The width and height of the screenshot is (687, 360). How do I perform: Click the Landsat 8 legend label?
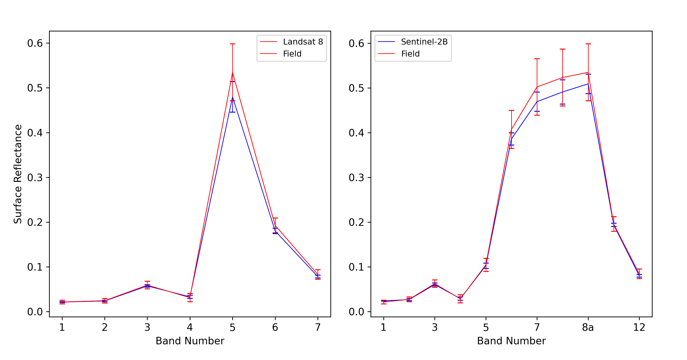(303, 42)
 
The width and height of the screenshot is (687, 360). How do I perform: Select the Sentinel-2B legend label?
(424, 42)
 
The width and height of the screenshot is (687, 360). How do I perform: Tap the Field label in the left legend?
(292, 54)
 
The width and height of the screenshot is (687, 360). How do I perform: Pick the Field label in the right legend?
(410, 54)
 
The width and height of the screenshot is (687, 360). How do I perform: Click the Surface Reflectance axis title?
(18, 174)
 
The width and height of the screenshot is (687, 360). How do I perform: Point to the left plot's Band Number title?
(190, 341)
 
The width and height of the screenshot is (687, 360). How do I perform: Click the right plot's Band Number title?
(511, 341)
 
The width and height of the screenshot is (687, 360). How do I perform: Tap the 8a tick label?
(588, 327)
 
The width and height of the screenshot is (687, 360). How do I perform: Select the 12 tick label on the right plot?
(639, 327)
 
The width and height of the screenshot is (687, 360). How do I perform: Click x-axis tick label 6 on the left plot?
(275, 327)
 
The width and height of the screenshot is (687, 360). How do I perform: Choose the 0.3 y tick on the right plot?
(356, 177)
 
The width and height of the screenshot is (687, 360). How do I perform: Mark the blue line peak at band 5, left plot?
(232, 97)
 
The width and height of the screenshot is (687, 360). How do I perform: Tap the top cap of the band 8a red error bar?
(588, 44)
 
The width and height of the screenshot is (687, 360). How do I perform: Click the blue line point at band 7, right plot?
(537, 102)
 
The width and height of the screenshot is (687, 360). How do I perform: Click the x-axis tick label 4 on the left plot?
(190, 327)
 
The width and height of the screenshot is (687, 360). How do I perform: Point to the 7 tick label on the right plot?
(537, 327)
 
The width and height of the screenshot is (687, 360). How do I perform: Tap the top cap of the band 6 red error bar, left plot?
(275, 218)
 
